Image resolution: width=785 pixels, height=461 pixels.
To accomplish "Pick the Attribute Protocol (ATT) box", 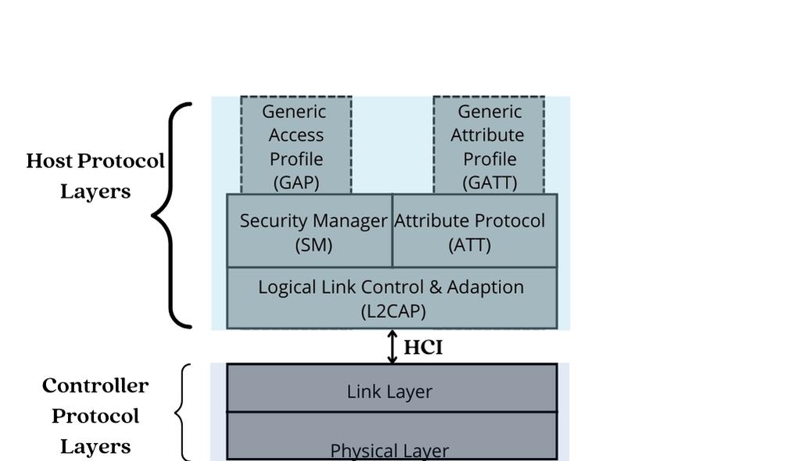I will [x=475, y=231].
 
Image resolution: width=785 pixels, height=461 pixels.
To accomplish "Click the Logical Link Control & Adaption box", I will [x=392, y=298].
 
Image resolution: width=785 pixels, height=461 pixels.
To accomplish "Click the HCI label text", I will [x=423, y=348].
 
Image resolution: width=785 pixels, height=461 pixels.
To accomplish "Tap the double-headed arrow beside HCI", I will [x=392, y=347].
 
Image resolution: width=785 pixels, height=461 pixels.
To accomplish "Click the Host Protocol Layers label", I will [x=95, y=176].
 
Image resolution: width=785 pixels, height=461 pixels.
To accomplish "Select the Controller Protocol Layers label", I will [x=95, y=416].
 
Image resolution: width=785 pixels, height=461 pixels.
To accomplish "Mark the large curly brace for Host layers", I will [x=172, y=215].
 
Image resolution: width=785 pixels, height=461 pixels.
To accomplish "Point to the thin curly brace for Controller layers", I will [x=181, y=413].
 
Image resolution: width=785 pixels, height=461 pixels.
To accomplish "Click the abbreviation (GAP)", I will [x=296, y=183].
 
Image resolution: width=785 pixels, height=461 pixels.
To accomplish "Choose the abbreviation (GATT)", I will [x=489, y=183].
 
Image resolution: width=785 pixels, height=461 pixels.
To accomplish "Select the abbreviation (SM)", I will [x=314, y=245].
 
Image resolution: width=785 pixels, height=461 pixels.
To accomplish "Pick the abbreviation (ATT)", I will [x=470, y=245].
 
